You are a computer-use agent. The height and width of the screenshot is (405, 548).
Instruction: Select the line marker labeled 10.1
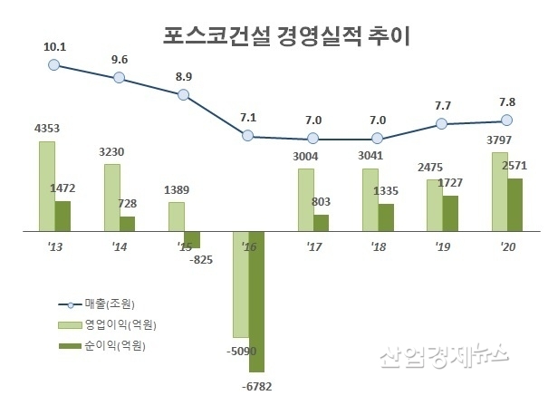54,64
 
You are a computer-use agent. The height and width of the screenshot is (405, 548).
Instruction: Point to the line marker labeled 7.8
507,121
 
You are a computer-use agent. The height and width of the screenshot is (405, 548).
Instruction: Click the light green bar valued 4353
46,187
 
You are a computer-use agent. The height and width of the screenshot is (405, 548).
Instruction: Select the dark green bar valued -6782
256,302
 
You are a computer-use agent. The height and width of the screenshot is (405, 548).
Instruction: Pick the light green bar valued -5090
241,284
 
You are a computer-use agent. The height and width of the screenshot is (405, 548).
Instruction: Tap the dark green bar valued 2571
514,205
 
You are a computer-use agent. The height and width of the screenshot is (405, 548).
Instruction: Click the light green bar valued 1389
176,217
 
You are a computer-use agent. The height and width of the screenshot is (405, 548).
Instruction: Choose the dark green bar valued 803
321,223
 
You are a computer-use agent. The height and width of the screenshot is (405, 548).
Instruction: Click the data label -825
201,260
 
